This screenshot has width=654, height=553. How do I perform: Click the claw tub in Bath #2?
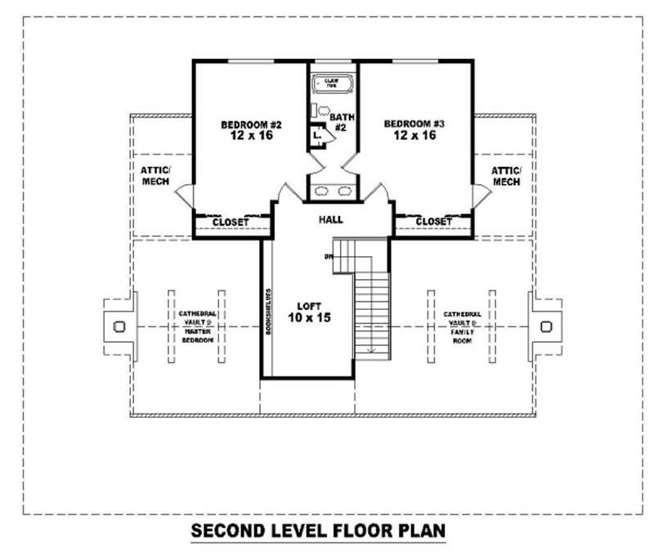click(331, 83)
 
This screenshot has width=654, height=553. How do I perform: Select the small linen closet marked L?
click(316, 135)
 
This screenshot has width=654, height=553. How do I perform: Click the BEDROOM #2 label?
click(251, 130)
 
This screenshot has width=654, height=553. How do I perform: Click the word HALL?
click(331, 219)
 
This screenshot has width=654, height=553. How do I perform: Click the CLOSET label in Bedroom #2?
click(231, 223)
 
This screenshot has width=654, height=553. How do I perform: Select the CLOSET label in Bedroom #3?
click(433, 222)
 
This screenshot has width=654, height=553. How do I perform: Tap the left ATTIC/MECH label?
click(155, 176)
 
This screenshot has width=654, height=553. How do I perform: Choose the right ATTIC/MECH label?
click(505, 176)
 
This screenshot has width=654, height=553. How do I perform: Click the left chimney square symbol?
click(119, 326)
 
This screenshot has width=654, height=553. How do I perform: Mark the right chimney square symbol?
click(545, 326)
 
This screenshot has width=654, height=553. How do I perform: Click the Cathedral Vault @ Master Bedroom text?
click(195, 326)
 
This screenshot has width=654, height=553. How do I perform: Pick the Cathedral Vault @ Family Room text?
click(462, 326)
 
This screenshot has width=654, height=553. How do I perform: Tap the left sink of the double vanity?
click(322, 191)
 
